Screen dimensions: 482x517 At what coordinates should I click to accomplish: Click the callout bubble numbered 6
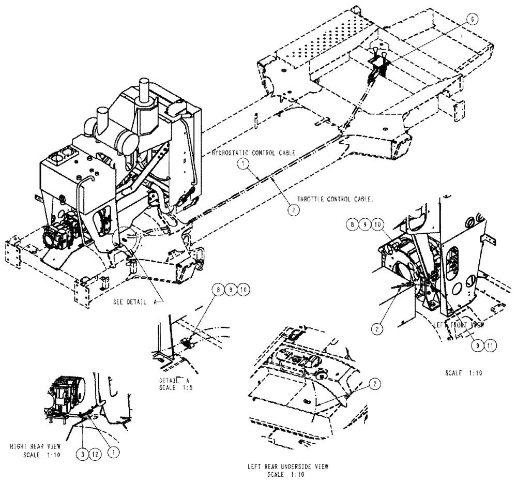point(472,18)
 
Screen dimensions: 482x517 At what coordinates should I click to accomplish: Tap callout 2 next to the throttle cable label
point(292,210)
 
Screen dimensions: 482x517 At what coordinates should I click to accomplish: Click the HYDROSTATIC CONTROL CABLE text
point(254,154)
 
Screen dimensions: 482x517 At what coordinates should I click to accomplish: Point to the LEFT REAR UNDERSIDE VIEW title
point(287,466)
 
